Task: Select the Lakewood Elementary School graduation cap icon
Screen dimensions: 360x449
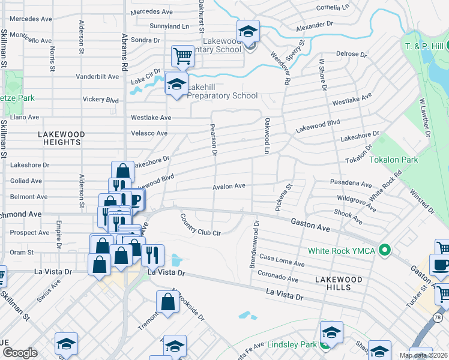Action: point(247,32)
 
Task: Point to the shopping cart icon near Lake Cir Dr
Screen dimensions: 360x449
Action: point(182,56)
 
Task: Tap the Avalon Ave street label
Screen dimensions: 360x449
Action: point(229,187)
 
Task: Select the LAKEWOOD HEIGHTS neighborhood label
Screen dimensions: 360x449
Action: point(59,138)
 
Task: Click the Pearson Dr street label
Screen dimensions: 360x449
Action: point(213,139)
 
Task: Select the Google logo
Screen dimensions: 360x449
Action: point(20,353)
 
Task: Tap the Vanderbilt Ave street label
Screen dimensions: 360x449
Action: point(97,77)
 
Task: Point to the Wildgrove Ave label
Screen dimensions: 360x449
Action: point(357,202)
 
